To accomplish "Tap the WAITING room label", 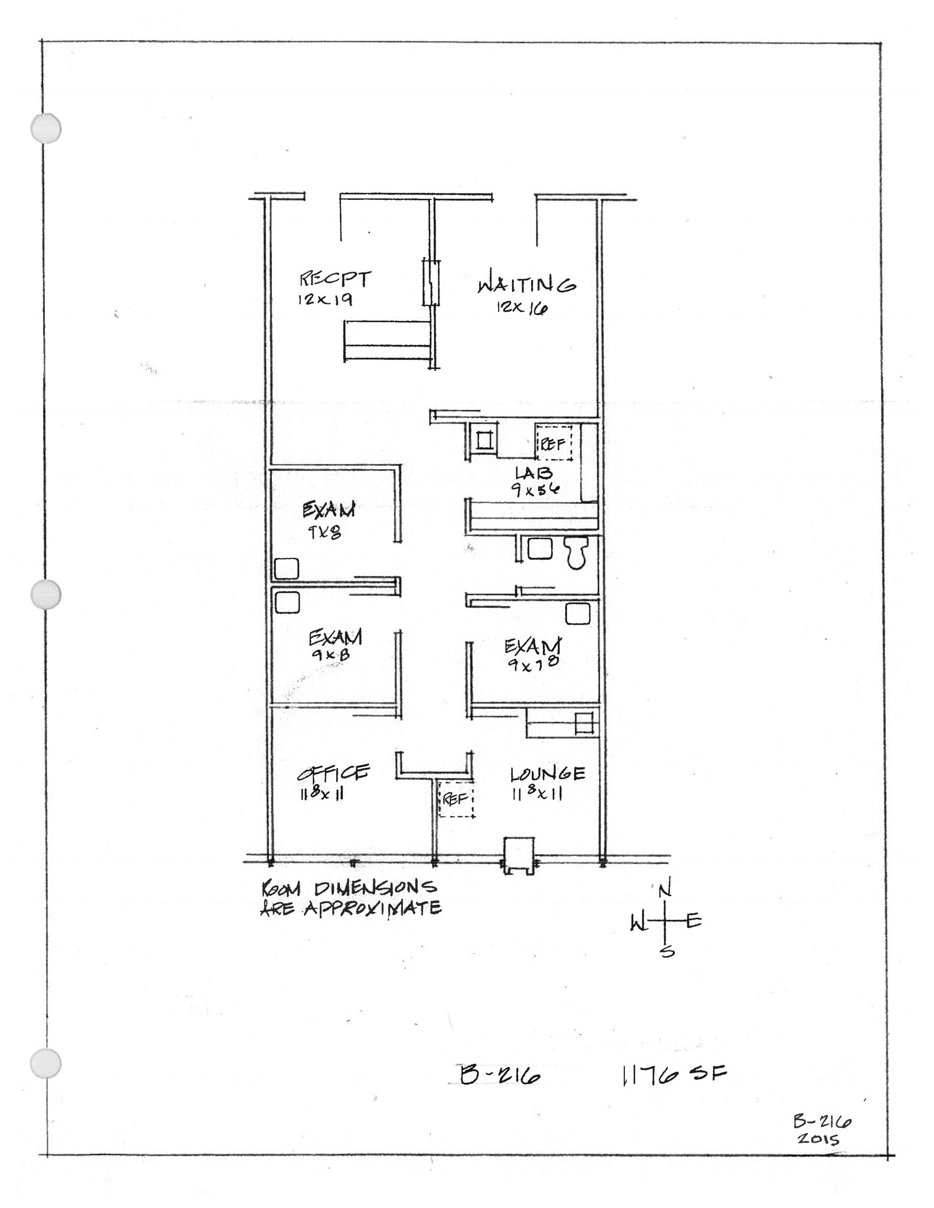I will [x=526, y=285].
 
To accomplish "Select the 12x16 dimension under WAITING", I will [x=522, y=308].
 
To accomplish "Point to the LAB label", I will [x=533, y=472].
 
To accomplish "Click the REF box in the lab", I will [x=553, y=444].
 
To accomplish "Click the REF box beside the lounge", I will [x=455, y=799].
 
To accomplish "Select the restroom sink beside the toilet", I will [x=540, y=549].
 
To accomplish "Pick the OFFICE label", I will [x=333, y=773].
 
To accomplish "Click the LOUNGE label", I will [x=548, y=773].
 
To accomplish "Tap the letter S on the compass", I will [x=667, y=951].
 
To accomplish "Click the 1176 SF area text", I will [x=673, y=1075].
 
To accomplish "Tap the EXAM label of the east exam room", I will [x=532, y=646].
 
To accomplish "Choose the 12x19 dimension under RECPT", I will [x=325, y=300].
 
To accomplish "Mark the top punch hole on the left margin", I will [x=46, y=128].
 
